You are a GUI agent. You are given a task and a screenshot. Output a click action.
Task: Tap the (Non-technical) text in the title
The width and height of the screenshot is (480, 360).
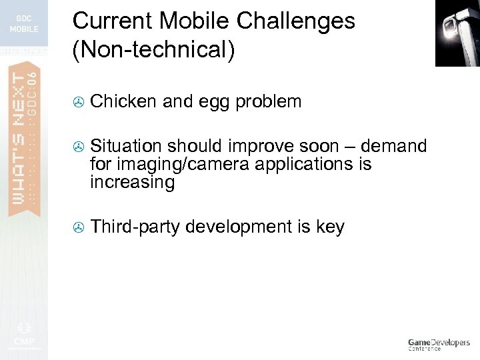[x=154, y=51]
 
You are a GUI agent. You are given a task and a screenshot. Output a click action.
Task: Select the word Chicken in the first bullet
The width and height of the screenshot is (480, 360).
[x=123, y=102]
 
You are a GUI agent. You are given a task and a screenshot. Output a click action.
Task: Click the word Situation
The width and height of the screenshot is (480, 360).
[x=126, y=147]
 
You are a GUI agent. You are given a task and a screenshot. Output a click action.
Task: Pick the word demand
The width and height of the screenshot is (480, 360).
[x=393, y=147]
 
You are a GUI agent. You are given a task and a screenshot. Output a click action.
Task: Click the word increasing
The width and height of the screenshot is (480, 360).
[x=132, y=183]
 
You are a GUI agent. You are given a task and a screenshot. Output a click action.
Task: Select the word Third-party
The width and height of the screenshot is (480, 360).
[x=135, y=227]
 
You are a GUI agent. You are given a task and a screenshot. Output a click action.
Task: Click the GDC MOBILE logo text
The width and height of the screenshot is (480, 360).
[x=24, y=24]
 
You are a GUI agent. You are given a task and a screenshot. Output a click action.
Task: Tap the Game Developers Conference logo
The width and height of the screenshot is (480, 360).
[x=438, y=344]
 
